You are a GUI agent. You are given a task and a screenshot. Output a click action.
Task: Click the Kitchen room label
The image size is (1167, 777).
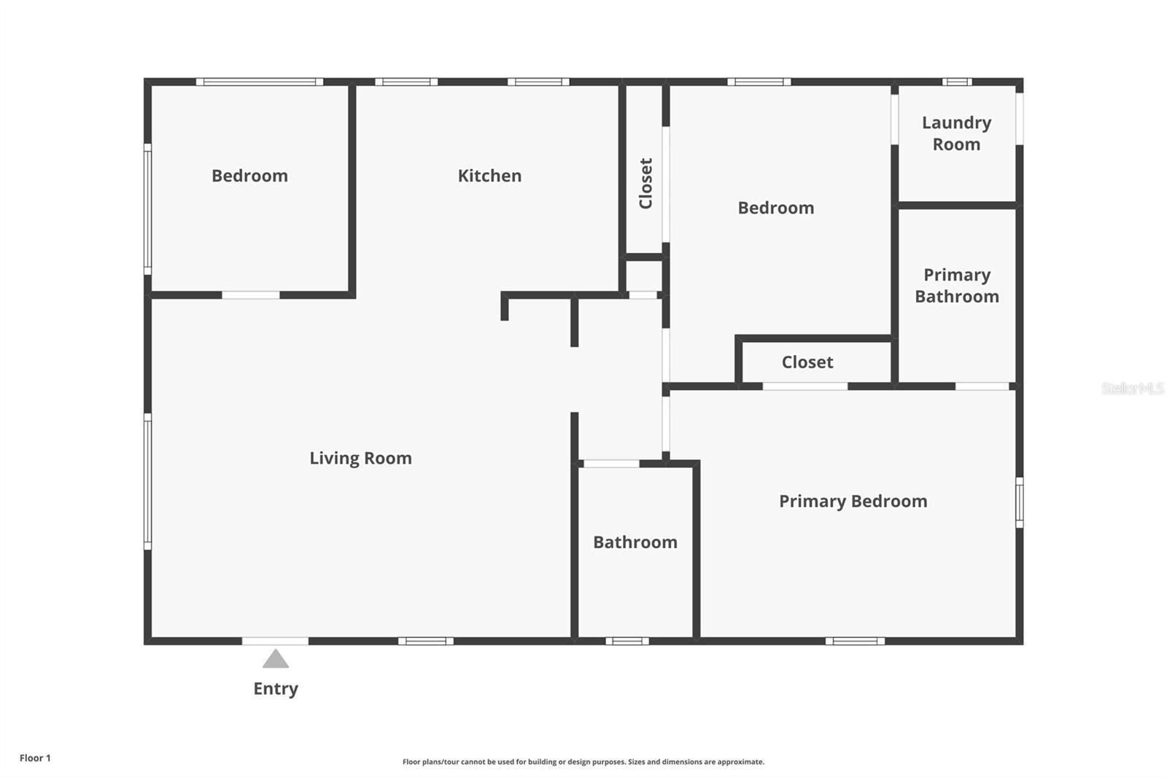pyautogui.click(x=489, y=176)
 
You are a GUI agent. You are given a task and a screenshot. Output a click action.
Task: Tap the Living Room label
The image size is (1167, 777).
pyautogui.click(x=360, y=458)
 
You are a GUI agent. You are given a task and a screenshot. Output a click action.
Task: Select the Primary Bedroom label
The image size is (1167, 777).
pyautogui.click(x=853, y=501)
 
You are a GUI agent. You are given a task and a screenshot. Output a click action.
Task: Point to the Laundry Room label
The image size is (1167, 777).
pyautogui.click(x=956, y=133)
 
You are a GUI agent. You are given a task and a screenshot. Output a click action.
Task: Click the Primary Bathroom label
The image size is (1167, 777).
pyautogui.click(x=957, y=286)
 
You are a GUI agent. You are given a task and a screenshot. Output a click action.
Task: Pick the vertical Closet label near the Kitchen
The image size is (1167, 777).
pyautogui.click(x=645, y=183)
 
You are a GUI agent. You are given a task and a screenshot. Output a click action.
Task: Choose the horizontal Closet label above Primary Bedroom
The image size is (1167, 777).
pyautogui.click(x=807, y=362)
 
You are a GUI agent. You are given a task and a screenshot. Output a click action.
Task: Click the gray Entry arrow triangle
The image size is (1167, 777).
pyautogui.click(x=276, y=659)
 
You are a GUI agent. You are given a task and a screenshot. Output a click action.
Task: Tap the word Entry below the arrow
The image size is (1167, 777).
pyautogui.click(x=276, y=689)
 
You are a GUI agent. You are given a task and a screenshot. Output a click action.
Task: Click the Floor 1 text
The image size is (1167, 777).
pyautogui.click(x=36, y=758)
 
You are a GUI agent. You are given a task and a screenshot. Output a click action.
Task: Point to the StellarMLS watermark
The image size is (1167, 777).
pyautogui.click(x=1133, y=388)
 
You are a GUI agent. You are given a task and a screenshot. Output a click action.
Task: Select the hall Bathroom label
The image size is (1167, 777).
pyautogui.click(x=635, y=542)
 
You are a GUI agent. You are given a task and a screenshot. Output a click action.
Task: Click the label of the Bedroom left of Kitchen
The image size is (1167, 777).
pyautogui.click(x=249, y=176)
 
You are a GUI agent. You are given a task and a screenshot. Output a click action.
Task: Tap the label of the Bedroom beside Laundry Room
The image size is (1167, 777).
pyautogui.click(x=776, y=208)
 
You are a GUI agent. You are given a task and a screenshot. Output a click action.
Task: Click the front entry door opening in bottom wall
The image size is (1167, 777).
pyautogui.click(x=275, y=641)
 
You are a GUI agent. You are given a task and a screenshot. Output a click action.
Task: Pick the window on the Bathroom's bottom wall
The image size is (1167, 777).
pyautogui.click(x=627, y=641)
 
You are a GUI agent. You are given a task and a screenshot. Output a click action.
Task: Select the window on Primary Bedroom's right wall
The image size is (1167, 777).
pyautogui.click(x=1020, y=502)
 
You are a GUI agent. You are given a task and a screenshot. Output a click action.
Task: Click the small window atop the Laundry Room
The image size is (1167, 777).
pyautogui.click(x=957, y=82)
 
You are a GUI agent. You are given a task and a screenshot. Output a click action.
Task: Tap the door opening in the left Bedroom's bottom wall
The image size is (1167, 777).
pyautogui.click(x=251, y=295)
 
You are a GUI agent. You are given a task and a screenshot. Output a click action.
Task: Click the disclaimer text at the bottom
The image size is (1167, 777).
pyautogui.click(x=583, y=762)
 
